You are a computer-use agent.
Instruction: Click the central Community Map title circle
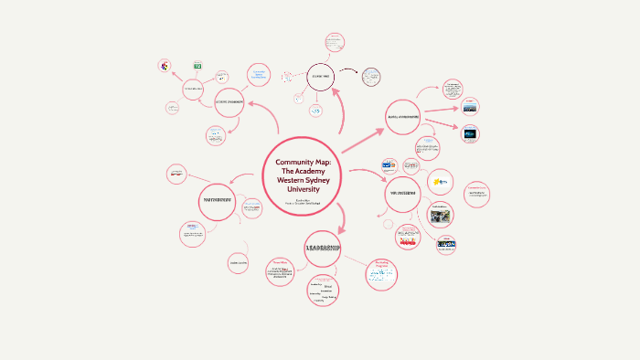(307, 176)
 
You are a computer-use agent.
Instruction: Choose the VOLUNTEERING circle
(402, 194)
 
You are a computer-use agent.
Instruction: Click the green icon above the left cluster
(197, 67)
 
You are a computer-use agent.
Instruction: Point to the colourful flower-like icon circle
(165, 66)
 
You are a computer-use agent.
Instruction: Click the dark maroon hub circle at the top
(321, 79)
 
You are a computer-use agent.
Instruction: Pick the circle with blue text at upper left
(259, 77)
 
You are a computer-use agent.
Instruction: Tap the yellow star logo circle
(441, 180)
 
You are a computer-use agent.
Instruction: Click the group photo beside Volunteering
(441, 217)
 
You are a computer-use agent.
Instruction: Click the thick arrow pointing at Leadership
(339, 217)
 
